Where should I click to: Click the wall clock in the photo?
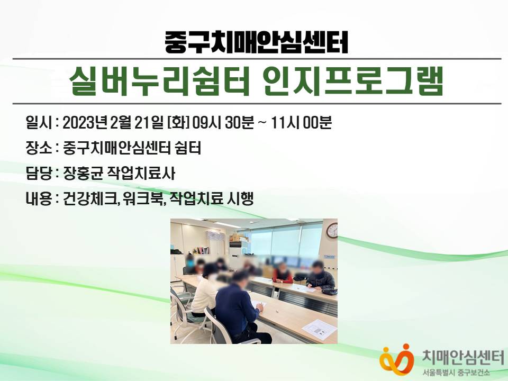coord(332,230)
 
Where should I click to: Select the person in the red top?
coord(283,274)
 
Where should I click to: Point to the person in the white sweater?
coord(205,290)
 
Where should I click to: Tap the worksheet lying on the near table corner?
coord(319,328)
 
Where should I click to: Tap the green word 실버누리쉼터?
coord(159,81)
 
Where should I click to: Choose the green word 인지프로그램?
coord(353,81)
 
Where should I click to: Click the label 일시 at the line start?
coord(38,123)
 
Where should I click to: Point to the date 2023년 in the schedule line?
coord(85,123)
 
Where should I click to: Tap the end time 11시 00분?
coord(301,123)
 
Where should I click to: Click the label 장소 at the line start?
coord(38,148)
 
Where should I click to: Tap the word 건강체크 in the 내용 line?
coord(89,198)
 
